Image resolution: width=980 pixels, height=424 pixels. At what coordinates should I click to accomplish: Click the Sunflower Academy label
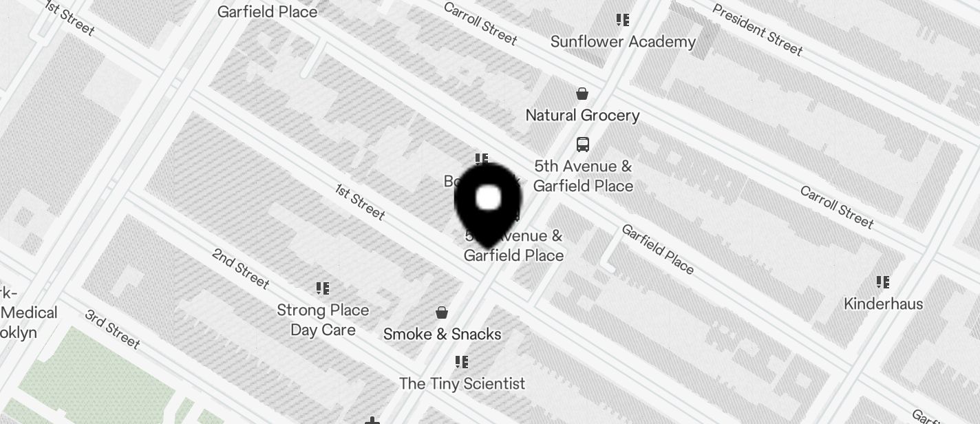[x=623, y=42]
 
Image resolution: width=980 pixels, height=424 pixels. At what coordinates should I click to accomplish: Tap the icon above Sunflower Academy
[x=623, y=20]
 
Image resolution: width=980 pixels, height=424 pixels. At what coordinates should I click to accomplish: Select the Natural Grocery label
[x=582, y=115]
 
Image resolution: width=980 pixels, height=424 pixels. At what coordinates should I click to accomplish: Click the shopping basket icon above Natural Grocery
[x=582, y=94]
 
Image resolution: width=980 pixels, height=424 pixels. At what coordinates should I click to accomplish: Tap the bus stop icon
[x=583, y=145]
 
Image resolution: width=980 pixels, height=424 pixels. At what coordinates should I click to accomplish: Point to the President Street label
[x=757, y=29]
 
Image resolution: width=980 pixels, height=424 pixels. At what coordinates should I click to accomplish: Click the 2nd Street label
[x=240, y=268]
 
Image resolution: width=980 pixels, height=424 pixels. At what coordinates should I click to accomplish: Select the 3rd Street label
[x=113, y=328]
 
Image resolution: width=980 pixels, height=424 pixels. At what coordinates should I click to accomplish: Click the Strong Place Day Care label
[x=323, y=319]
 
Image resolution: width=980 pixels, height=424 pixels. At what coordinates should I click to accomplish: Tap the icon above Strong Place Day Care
[x=323, y=288]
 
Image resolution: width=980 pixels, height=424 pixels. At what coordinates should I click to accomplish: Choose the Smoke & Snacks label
[x=442, y=334]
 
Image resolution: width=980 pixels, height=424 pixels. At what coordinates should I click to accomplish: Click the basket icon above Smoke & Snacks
[x=442, y=313]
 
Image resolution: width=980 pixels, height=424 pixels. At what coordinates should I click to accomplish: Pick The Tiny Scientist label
[x=462, y=383]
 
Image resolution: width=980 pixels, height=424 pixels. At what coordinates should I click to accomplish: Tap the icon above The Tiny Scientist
[x=462, y=362]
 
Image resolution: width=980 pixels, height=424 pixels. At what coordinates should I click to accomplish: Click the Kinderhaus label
[x=883, y=304]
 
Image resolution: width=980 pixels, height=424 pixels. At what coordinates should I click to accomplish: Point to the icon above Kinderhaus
[x=883, y=282]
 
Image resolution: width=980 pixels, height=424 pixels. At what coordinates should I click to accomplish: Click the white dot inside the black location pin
[x=489, y=198]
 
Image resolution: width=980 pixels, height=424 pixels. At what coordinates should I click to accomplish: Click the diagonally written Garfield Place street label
[x=657, y=248]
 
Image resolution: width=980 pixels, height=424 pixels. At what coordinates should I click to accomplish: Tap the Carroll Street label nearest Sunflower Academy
[x=480, y=23]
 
